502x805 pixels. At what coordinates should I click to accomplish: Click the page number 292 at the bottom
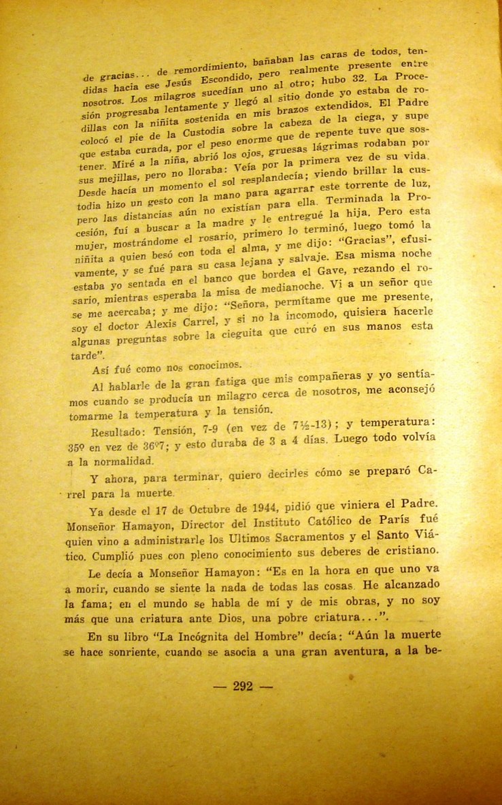pyautogui.click(x=243, y=686)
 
